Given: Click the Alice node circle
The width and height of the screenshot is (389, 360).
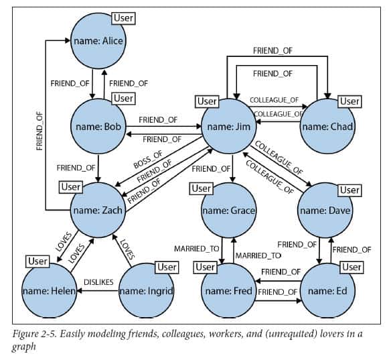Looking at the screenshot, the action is tap(98, 41).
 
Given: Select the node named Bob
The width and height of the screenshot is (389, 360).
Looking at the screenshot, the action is tap(98, 126).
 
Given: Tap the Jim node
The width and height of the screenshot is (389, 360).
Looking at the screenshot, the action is tap(228, 126).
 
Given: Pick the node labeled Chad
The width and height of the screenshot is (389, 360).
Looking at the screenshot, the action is tap(327, 126).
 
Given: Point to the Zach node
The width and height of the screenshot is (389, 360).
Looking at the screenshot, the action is tap(98, 211).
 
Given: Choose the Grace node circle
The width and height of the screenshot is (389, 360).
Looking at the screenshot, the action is tap(228, 211).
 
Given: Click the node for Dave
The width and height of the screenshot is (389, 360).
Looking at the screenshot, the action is tap(325, 211).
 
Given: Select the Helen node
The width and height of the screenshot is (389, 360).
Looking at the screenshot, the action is tap(49, 291).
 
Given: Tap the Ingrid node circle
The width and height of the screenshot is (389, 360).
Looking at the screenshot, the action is tap(147, 291).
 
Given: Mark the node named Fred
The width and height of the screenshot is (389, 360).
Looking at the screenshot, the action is tap(228, 291).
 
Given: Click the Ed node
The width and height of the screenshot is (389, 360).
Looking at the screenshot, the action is tap(327, 291).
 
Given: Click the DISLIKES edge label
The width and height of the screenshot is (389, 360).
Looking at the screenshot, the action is tap(98, 282).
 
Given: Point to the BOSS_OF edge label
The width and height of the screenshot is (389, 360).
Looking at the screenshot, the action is tap(148, 160).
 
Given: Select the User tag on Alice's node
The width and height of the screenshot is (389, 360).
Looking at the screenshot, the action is tap(123, 18).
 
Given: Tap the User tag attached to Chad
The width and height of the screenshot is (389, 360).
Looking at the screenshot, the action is tap(349, 101).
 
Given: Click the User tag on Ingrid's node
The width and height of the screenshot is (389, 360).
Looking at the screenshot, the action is tap(167, 267).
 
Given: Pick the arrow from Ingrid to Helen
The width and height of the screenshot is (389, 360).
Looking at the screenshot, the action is tap(98, 291).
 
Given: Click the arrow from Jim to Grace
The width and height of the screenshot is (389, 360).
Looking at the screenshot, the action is tap(232, 168).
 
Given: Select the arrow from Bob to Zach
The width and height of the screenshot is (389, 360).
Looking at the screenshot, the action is tap(98, 168).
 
